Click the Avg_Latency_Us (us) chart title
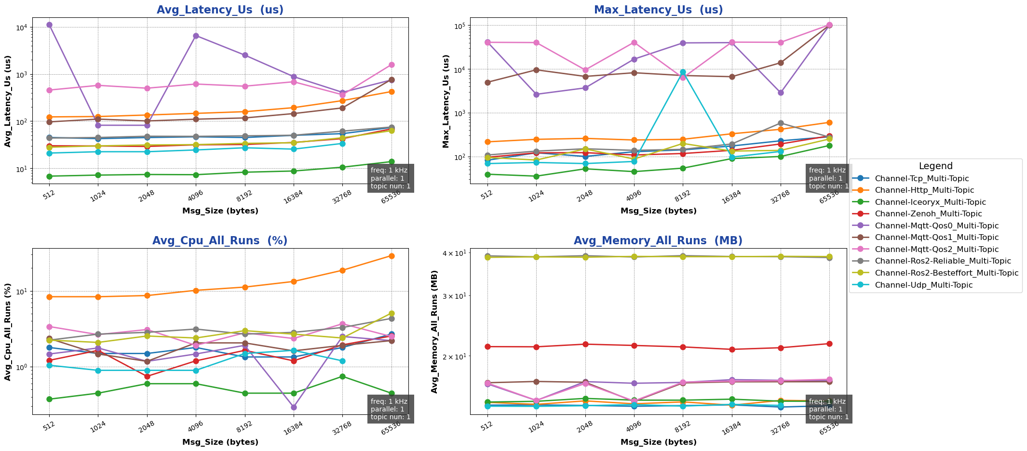click(x=220, y=10)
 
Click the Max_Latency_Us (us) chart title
click(x=658, y=10)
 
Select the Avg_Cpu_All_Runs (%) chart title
click(x=220, y=241)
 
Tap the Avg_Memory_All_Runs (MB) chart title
click(x=658, y=241)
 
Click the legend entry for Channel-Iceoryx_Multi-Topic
click(x=930, y=202)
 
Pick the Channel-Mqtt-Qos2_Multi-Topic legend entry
click(x=936, y=250)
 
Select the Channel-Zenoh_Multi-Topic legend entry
click(x=928, y=214)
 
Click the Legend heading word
click(x=935, y=166)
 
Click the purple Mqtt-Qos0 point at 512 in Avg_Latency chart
click(x=49, y=25)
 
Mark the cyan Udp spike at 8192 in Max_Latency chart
click(x=683, y=72)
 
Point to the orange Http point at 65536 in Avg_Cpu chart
click(x=392, y=256)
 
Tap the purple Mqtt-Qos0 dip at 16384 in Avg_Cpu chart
click(x=294, y=407)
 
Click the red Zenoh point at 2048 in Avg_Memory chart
click(x=585, y=344)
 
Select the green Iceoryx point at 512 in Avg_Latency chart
click(x=49, y=176)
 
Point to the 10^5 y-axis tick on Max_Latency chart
click(x=459, y=26)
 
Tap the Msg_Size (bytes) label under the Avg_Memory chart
click(x=658, y=442)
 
